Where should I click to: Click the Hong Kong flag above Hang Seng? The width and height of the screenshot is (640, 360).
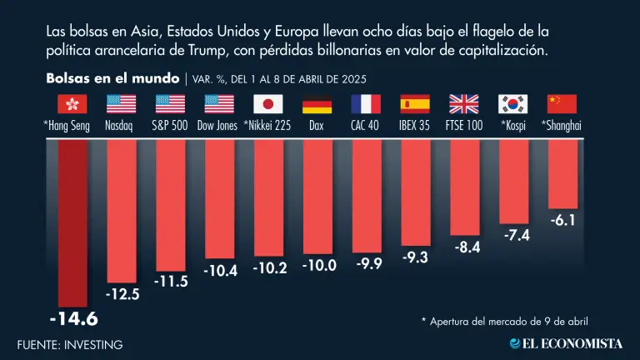pyautogui.click(x=72, y=104)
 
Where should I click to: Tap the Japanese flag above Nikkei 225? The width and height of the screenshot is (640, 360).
pyautogui.click(x=267, y=104)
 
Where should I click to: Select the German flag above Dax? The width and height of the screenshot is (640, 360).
pyautogui.click(x=317, y=104)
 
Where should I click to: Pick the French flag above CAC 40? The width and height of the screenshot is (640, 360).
pyautogui.click(x=366, y=104)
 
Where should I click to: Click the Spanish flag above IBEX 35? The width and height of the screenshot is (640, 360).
pyautogui.click(x=415, y=104)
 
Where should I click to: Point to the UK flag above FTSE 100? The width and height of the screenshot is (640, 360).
pyautogui.click(x=464, y=104)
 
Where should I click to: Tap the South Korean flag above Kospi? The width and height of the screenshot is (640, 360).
pyautogui.click(x=513, y=104)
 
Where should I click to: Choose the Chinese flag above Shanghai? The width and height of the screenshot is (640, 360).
pyautogui.click(x=562, y=104)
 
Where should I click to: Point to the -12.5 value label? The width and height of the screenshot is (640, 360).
pyautogui.click(x=122, y=295)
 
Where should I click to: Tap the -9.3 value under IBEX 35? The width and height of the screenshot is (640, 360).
pyautogui.click(x=415, y=257)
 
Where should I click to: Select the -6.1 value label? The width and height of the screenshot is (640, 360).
pyautogui.click(x=562, y=221)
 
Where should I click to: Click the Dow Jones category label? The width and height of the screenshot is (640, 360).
pyautogui.click(x=220, y=126)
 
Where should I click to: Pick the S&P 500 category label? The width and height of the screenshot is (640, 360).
pyautogui.click(x=170, y=126)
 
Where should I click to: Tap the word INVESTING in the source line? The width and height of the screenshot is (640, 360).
pyautogui.click(x=93, y=344)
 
